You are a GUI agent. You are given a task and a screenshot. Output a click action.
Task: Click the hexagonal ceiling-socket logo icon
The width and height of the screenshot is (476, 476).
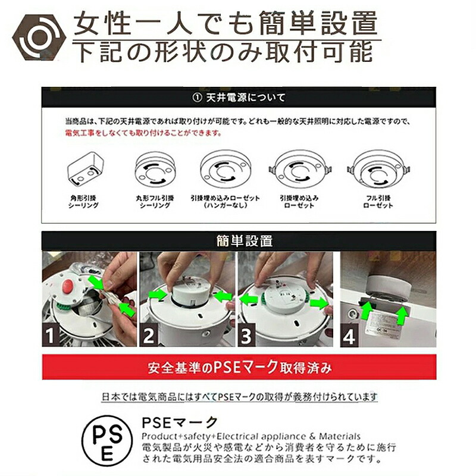(x=39, y=37)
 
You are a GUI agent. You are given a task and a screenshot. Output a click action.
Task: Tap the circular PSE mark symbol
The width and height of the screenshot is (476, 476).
(x=107, y=440)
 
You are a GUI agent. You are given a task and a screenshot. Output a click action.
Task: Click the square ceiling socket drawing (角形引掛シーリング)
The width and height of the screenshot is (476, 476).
(x=85, y=168)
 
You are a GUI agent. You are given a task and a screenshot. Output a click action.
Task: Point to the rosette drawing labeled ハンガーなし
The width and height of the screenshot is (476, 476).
(x=225, y=170)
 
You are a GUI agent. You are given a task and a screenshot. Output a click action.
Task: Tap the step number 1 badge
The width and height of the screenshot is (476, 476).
(x=51, y=335)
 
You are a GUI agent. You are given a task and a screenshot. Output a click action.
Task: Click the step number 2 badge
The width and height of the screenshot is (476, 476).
(x=148, y=335)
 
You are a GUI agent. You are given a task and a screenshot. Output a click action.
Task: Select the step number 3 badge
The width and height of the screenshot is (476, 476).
(x=246, y=335)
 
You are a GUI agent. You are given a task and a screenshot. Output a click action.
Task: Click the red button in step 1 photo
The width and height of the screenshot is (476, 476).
(x=67, y=287)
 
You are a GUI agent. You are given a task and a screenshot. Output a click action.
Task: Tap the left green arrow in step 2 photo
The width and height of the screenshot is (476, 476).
(x=158, y=294)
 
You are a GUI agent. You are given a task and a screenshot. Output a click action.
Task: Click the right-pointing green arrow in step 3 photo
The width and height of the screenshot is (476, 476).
(x=319, y=303)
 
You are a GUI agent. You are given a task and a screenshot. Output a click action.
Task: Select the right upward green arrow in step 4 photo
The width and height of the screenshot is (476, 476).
(x=403, y=315)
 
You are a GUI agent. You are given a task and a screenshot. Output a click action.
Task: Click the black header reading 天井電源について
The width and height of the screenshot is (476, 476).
(x=239, y=98)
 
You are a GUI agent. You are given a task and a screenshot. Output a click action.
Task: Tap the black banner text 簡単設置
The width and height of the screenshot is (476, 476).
(x=245, y=241)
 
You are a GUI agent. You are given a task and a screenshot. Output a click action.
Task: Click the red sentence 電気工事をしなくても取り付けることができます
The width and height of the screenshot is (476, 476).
(x=143, y=133)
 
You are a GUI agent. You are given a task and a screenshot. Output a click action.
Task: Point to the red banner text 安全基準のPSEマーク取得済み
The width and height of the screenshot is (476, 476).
(x=240, y=367)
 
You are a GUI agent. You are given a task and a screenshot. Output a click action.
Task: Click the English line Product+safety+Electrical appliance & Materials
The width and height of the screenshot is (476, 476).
(x=251, y=437)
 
